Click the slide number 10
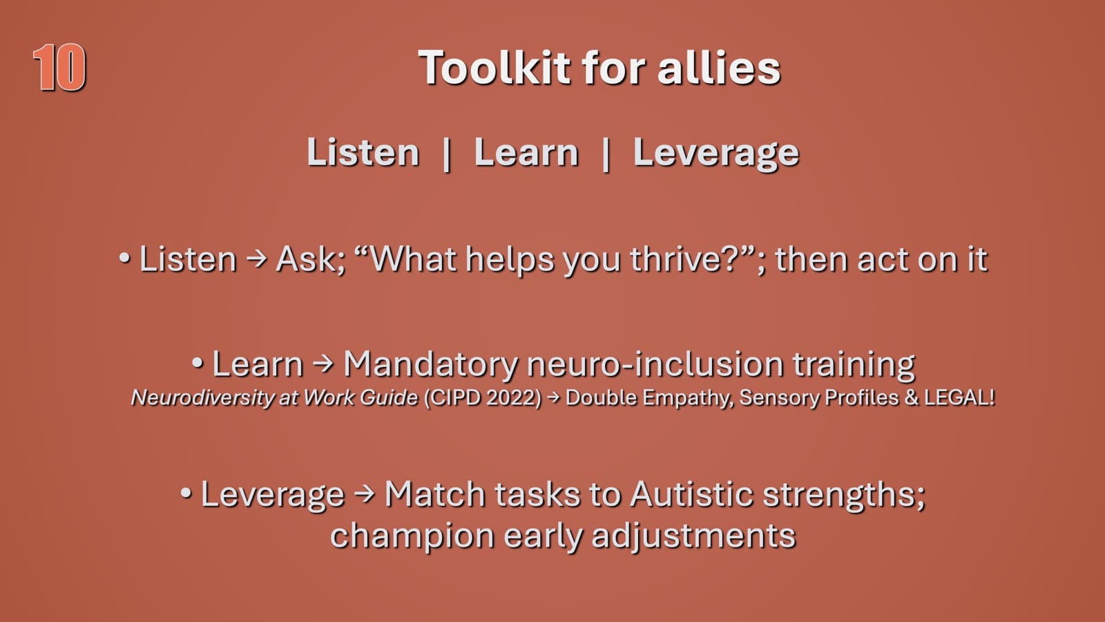[59, 68]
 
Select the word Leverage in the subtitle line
[715, 153]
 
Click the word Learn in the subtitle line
[526, 153]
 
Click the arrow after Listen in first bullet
[256, 259]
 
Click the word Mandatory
[430, 364]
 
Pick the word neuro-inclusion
[655, 364]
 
